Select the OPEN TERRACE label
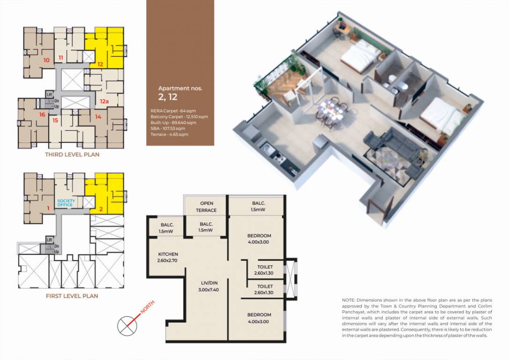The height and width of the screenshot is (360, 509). click(x=206, y=207)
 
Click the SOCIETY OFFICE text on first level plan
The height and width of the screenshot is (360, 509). click(x=66, y=203)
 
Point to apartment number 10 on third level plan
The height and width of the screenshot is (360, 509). click(x=46, y=60)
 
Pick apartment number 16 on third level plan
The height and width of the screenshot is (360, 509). click(x=42, y=115)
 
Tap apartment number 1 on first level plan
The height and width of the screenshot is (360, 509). click(x=48, y=208)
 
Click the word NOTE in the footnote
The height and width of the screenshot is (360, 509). click(x=349, y=300)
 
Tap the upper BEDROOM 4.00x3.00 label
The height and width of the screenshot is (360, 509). click(x=259, y=239)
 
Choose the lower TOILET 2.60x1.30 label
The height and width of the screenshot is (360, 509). click(x=265, y=289)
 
